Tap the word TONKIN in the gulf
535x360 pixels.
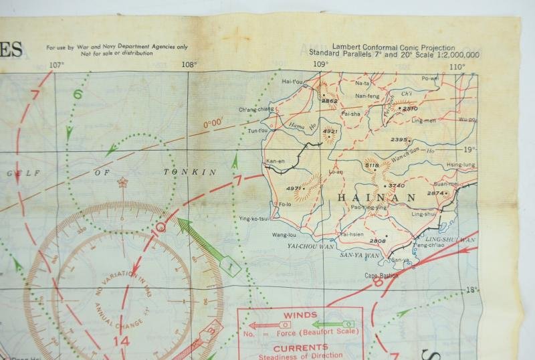(x=190, y=172)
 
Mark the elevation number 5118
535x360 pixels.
(x=372, y=165)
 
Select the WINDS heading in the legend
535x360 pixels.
(x=300, y=314)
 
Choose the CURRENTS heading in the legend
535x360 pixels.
(x=300, y=347)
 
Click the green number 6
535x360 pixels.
(x=78, y=94)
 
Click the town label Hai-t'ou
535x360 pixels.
(x=293, y=82)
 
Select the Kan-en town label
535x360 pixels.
(x=275, y=161)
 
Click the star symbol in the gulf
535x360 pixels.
(x=122, y=181)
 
